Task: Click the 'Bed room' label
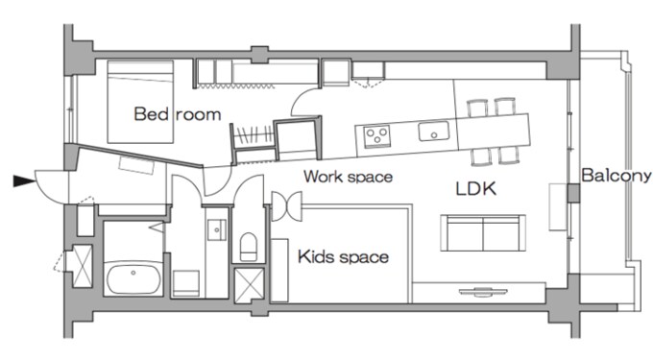[x=178, y=114]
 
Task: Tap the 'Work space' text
[x=349, y=177]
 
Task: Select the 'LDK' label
[x=476, y=189]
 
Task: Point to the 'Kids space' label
[x=343, y=256]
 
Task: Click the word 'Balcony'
[x=617, y=176]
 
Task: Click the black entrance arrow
[x=24, y=181]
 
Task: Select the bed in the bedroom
[x=140, y=102]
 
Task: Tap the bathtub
[x=133, y=277]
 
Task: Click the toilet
[x=249, y=247]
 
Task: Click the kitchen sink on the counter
[x=434, y=132]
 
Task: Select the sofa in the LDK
[x=483, y=232]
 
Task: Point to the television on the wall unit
[x=483, y=291]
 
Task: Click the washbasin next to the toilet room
[x=217, y=229]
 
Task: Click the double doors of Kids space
[x=286, y=206]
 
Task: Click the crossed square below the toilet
[x=249, y=285]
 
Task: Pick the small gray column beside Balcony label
[x=574, y=193]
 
